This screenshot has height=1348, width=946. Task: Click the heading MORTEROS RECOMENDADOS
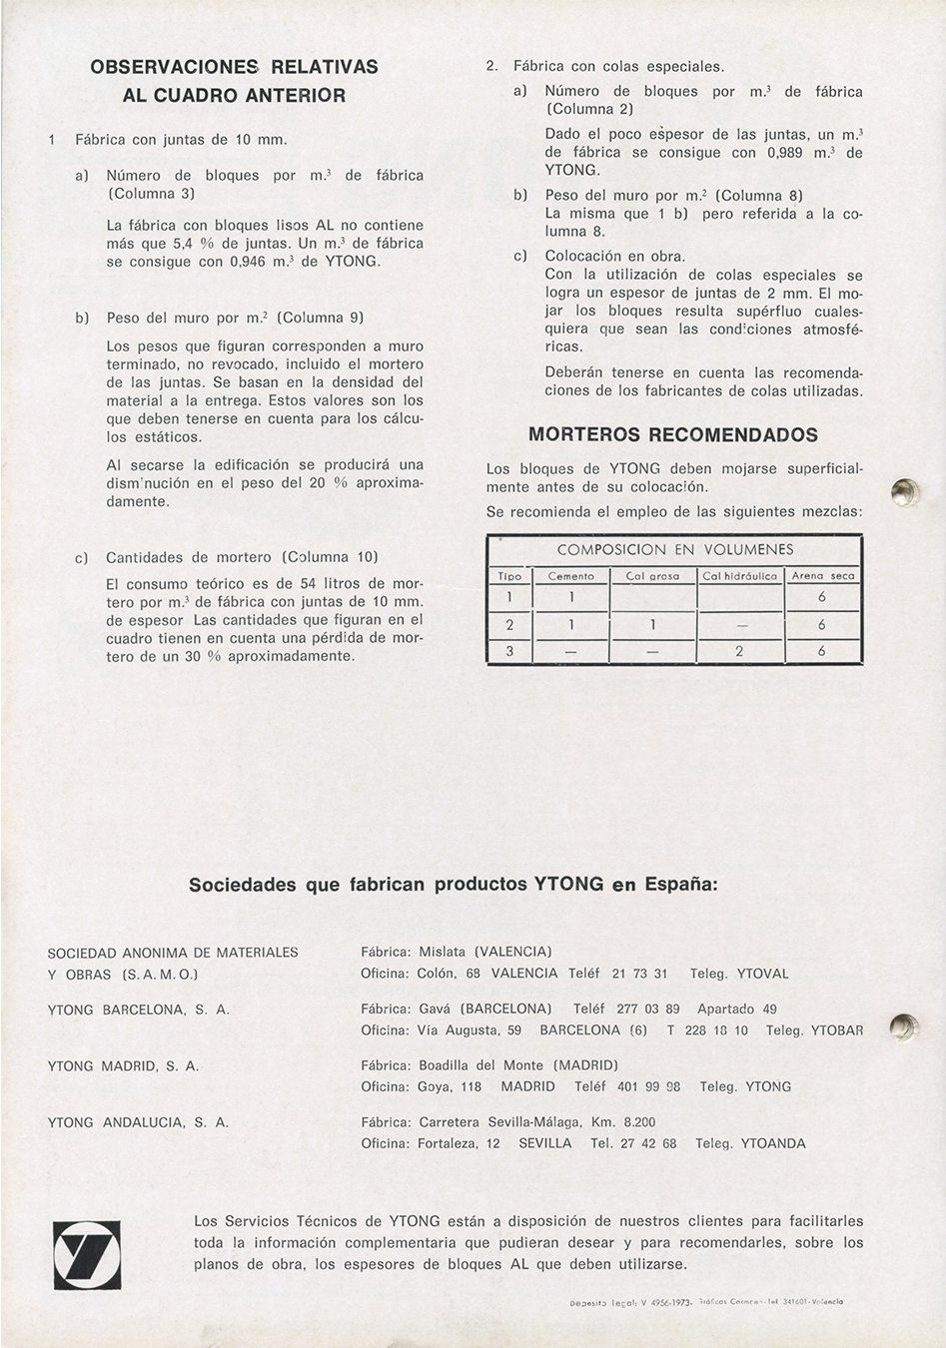(672, 435)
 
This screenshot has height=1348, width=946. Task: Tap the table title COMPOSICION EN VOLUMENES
(674, 550)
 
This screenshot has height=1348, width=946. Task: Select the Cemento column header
(570, 576)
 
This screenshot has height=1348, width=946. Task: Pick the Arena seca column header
(822, 576)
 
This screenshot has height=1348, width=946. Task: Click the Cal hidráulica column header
(739, 576)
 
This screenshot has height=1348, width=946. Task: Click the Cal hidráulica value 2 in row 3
(739, 651)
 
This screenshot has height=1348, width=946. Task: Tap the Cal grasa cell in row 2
(652, 624)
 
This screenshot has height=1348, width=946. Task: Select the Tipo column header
(509, 576)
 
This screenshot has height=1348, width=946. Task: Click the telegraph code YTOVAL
(762, 974)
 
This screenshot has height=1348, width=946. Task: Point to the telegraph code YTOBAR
(836, 1030)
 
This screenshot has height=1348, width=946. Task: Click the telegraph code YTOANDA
(769, 1143)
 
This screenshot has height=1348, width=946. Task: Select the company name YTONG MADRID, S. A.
(123, 1066)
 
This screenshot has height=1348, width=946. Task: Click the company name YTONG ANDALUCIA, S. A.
(138, 1122)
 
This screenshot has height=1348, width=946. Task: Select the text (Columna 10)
(332, 557)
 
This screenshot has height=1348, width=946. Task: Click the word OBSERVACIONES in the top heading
(174, 67)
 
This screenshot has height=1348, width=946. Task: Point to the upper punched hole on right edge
(905, 490)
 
